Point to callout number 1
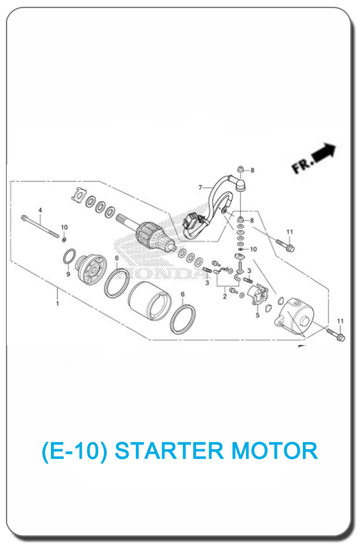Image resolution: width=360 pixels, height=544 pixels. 57,304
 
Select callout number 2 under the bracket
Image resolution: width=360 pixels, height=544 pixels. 225,296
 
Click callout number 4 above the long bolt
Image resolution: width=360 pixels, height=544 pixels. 40,210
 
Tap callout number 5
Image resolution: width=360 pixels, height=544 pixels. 258,315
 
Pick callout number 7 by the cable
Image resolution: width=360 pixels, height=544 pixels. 200,188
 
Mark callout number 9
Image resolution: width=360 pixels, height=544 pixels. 68,274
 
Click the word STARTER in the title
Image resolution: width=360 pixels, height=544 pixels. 169,451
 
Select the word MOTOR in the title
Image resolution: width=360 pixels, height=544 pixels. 275,451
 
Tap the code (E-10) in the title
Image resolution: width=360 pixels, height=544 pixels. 75,451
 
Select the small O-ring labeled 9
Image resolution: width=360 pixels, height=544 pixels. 69,257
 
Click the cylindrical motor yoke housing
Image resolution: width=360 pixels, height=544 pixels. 150,301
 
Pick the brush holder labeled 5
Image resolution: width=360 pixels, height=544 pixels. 258,295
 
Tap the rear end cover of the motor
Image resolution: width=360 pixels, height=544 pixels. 294,315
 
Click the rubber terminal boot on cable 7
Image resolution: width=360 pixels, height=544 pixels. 241,185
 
